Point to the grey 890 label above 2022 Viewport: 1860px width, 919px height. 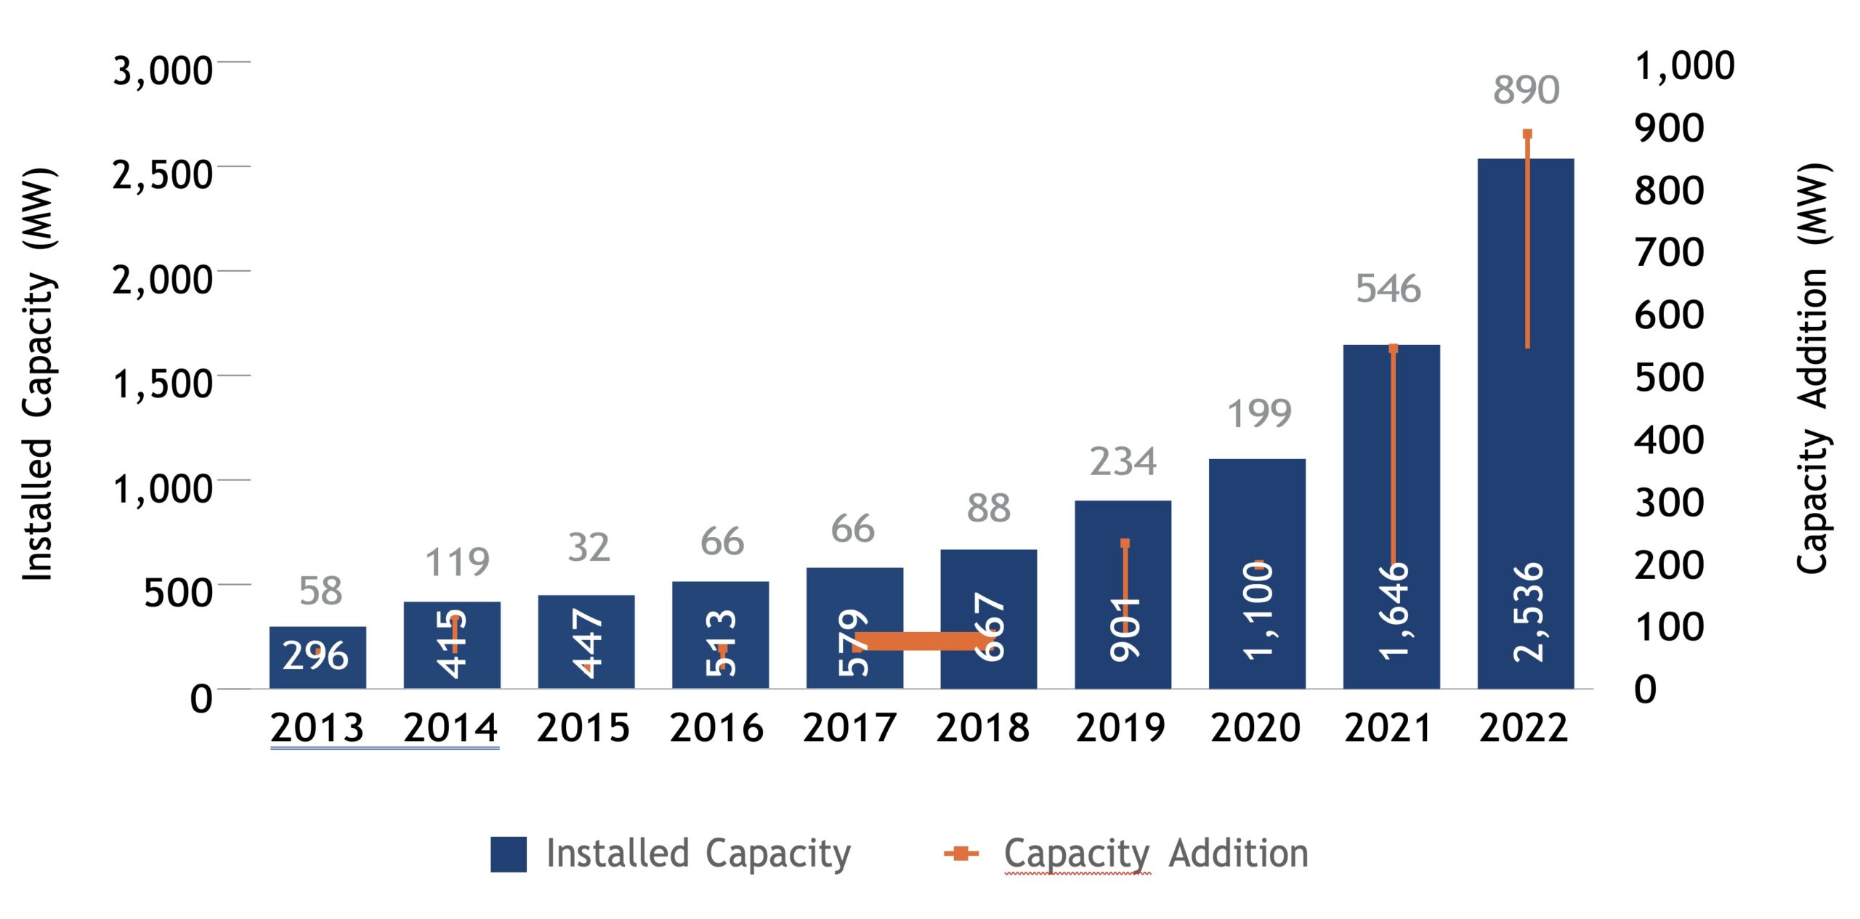1526,90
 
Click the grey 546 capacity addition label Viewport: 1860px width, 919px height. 1388,288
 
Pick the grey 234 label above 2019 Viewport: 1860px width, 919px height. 1123,461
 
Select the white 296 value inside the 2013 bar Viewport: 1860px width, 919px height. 315,655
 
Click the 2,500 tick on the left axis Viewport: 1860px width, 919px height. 162,175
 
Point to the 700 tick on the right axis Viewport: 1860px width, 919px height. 1669,253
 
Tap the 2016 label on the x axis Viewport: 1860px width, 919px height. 716,728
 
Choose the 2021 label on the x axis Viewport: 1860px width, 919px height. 1388,728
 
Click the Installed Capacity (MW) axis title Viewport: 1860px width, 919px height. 38,374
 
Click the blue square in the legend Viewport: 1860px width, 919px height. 508,854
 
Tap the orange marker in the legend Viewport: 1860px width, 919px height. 961,854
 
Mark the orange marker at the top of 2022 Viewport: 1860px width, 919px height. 1527,134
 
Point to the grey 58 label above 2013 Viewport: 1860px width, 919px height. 320,591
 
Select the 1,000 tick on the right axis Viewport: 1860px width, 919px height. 1684,65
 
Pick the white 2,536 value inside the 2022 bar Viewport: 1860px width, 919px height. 1527,612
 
